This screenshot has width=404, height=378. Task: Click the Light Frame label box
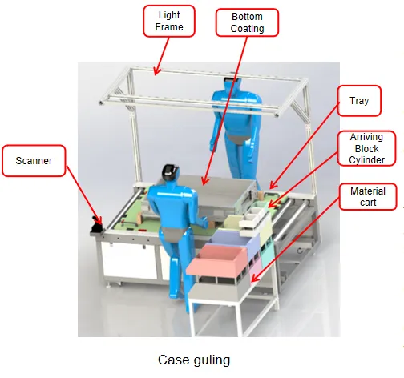click(170, 21)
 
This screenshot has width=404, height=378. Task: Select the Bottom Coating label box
click(247, 22)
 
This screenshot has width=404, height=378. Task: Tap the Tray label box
click(359, 102)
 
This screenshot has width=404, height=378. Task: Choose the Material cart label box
click(367, 197)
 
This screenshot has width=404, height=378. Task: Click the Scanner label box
click(34, 161)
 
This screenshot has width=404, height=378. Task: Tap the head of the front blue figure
click(172, 173)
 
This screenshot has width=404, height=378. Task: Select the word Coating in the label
click(247, 28)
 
